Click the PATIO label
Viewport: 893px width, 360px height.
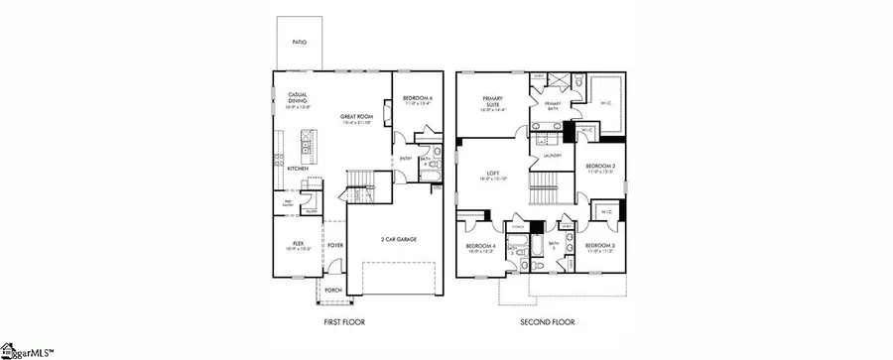pyautogui.click(x=299, y=44)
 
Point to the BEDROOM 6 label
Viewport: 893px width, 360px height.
pyautogui.click(x=418, y=98)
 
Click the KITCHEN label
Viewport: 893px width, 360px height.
pyautogui.click(x=298, y=169)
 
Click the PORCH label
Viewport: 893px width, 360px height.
pyautogui.click(x=333, y=291)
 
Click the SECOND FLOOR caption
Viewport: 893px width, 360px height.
pyautogui.click(x=547, y=322)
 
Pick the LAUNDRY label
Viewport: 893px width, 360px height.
pyautogui.click(x=554, y=156)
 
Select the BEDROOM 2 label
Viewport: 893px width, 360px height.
pyautogui.click(x=599, y=167)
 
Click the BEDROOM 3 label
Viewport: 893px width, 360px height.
pyautogui.click(x=599, y=245)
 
